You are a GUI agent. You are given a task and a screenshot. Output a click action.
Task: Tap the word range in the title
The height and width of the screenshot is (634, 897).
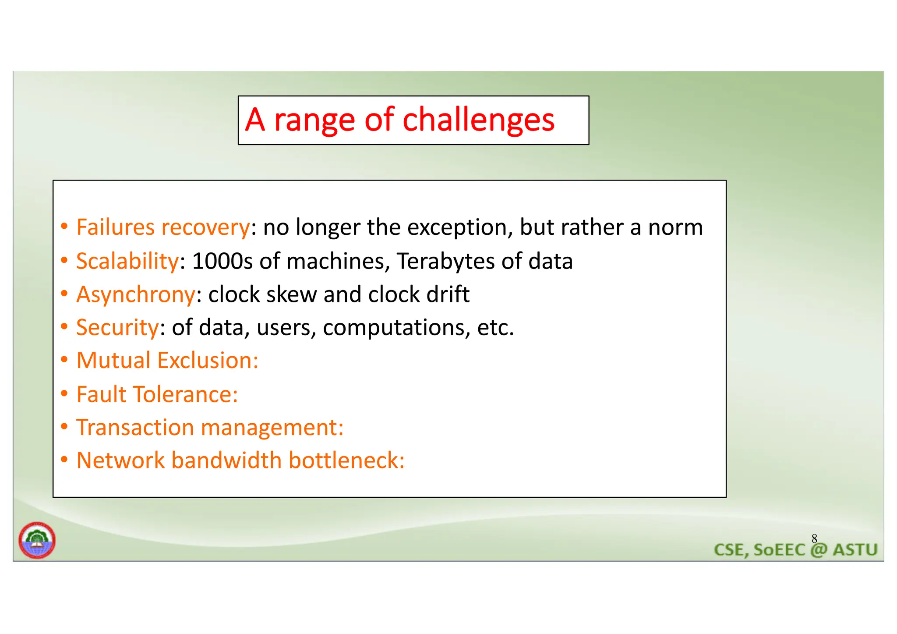coord(314,120)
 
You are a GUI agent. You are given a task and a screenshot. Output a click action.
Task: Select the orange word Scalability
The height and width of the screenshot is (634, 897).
coord(127,262)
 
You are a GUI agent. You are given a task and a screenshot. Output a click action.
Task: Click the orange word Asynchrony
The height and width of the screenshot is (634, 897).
coord(136,294)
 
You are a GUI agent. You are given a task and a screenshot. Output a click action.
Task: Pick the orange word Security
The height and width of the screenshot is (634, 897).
coord(117,327)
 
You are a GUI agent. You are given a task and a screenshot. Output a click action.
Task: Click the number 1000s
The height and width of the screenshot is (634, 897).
coord(222,262)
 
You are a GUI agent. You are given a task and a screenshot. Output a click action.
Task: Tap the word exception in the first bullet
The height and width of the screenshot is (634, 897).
coord(460,228)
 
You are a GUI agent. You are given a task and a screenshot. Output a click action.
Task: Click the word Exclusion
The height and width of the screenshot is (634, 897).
coord(208,361)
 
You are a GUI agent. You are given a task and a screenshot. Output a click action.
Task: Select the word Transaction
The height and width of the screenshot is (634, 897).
coord(135,428)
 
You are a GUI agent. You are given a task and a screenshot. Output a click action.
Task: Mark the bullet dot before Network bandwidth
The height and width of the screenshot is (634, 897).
coord(64,460)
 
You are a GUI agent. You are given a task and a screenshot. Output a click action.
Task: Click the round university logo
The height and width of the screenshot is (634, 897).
coord(37,540)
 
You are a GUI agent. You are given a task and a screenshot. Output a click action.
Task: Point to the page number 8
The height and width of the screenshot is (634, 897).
coord(814,538)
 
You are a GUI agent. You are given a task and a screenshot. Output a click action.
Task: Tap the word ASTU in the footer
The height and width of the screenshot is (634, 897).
coord(855,550)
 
